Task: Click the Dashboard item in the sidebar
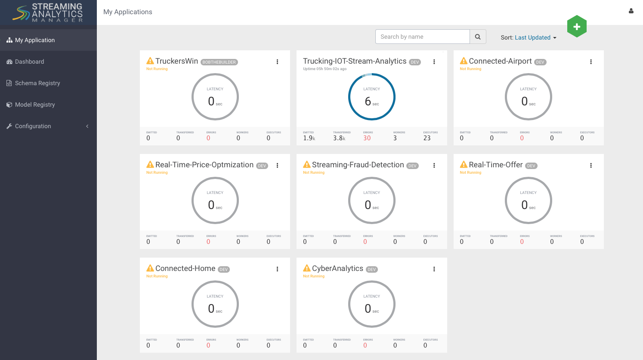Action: point(29,62)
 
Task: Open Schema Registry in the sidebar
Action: point(37,83)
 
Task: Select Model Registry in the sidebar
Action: point(34,105)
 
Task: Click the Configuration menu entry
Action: point(33,126)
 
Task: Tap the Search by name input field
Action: point(422,37)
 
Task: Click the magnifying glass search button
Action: point(478,37)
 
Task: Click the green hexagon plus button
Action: point(577,27)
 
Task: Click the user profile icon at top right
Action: point(631,11)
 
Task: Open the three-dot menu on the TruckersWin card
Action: point(277,62)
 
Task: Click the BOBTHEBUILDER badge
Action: point(219,62)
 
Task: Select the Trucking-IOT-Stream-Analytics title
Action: point(355,61)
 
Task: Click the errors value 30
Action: point(367,138)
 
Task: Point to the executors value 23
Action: point(427,138)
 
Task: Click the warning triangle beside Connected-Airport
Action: point(464,61)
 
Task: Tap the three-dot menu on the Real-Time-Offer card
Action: point(591,165)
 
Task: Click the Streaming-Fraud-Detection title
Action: point(358,165)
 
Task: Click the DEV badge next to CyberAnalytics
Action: point(372,270)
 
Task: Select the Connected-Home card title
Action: point(185,268)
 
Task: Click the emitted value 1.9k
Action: point(309,138)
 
